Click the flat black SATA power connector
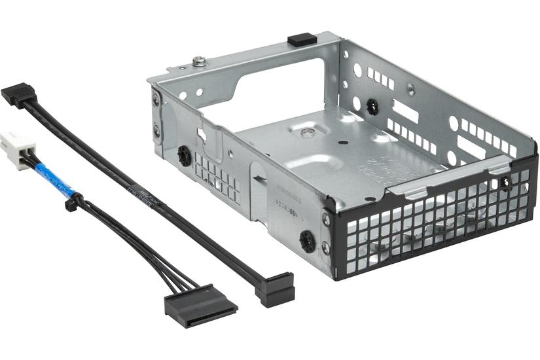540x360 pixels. point(200,306)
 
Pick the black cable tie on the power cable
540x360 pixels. point(70,204)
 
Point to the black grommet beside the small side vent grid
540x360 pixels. point(184,156)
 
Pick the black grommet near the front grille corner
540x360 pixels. point(306,240)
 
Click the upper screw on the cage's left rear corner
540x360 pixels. point(156,100)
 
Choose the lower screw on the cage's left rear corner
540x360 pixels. point(157,130)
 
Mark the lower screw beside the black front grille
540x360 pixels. point(326,248)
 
